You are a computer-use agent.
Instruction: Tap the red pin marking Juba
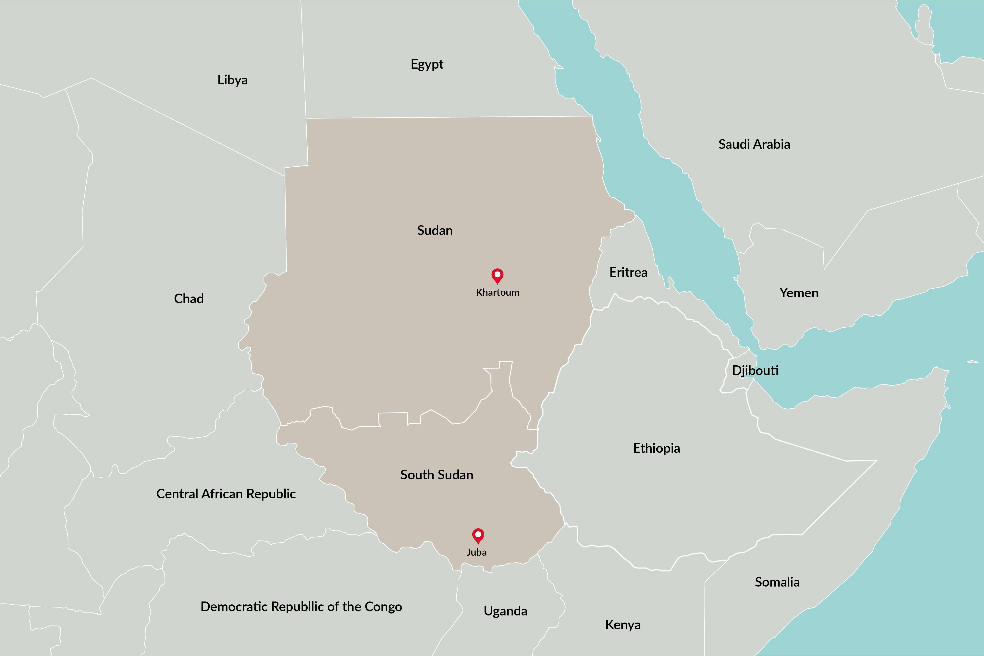[478, 535]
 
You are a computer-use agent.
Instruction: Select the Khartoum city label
[498, 292]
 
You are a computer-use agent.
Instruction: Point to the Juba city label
[476, 552]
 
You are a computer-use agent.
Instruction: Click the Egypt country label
[427, 64]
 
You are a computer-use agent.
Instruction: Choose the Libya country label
[232, 80]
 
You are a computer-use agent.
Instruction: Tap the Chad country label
[189, 299]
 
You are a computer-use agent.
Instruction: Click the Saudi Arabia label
[754, 144]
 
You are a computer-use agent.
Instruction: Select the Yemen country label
[799, 293]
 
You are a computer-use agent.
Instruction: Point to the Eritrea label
[628, 272]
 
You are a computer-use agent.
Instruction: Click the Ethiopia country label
[656, 448]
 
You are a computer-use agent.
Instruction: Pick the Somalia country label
[777, 582]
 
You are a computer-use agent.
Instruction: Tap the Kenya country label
[622, 625]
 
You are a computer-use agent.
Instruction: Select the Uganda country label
[505, 611]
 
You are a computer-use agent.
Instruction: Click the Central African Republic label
[226, 494]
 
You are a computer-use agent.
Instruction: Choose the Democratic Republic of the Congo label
[301, 607]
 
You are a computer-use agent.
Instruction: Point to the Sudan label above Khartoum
[435, 231]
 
